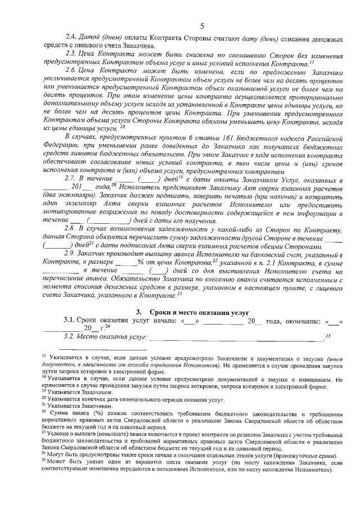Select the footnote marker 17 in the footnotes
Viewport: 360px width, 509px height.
[x=45, y=357]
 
